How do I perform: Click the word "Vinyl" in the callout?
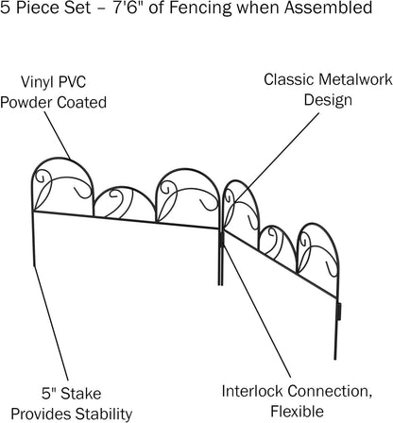(x=34, y=82)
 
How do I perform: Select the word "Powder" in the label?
(x=26, y=103)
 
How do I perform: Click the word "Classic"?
(x=288, y=79)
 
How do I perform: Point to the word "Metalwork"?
(x=355, y=79)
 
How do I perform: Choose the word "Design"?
(x=328, y=100)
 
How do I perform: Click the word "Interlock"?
(x=252, y=391)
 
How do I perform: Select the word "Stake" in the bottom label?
(x=81, y=394)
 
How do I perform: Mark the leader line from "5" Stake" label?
(x=51, y=323)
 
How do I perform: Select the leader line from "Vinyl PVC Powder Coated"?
(x=57, y=134)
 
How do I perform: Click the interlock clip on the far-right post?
(x=339, y=311)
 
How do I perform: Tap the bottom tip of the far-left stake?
(x=33, y=266)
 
